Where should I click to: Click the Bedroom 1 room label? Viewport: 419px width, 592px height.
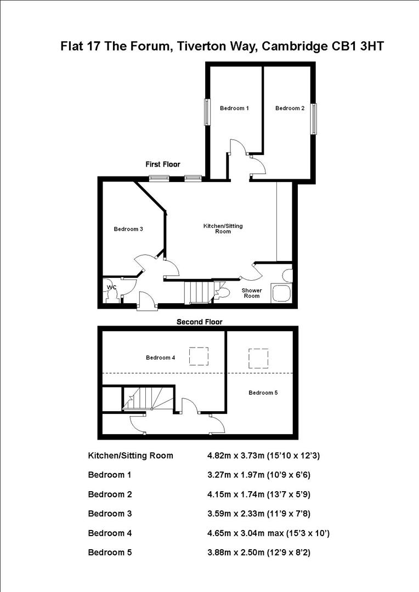[234, 108]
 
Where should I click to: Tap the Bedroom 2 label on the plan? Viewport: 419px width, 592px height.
[290, 108]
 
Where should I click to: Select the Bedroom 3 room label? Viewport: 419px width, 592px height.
[128, 229]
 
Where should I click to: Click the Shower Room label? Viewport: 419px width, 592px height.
[252, 293]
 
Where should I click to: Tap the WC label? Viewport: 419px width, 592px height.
[112, 287]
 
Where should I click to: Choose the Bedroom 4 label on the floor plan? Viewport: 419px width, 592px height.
[160, 358]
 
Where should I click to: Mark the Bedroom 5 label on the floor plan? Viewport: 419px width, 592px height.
[263, 392]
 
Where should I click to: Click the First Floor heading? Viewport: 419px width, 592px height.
[162, 164]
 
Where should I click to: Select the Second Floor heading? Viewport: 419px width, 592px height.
[199, 322]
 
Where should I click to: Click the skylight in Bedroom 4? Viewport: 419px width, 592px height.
[199, 356]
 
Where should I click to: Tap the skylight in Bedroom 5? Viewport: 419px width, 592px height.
[257, 358]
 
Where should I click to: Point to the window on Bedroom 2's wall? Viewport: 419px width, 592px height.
[314, 118]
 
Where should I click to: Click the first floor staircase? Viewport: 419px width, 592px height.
[198, 291]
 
